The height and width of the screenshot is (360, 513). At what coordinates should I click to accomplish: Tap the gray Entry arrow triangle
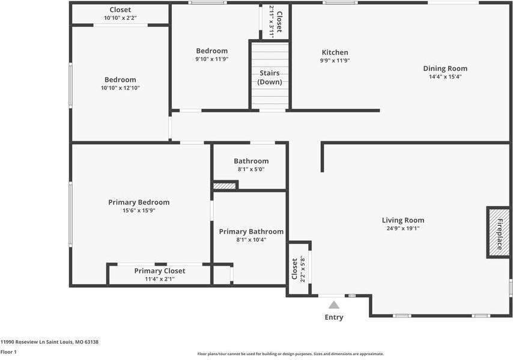click(334, 305)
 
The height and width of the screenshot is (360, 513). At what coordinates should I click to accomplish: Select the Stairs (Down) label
click(270, 78)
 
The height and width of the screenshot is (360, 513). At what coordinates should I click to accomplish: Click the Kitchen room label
click(335, 52)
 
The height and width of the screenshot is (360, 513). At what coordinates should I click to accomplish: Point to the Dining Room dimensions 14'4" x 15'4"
click(445, 76)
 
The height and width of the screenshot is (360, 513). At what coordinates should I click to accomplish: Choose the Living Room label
click(403, 220)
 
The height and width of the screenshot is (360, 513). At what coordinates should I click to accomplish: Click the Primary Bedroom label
click(139, 202)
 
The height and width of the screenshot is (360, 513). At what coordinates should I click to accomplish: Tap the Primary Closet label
click(160, 270)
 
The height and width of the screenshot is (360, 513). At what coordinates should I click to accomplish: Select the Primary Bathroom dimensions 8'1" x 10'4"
click(251, 240)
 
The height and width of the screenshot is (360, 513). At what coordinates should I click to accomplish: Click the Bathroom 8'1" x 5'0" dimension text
click(251, 169)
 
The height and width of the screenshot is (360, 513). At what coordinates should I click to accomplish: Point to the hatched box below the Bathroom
click(225, 186)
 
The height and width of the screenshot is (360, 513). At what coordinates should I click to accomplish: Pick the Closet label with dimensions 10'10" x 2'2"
click(120, 10)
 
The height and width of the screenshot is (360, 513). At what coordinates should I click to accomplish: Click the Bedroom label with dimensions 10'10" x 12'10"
click(120, 79)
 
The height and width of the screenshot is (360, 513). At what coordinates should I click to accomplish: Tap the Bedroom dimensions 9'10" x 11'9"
click(211, 59)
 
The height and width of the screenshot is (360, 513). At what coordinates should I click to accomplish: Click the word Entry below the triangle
click(334, 317)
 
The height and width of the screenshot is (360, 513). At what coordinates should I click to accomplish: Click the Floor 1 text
click(8, 352)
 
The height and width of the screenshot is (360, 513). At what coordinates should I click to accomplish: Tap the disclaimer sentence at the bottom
click(290, 354)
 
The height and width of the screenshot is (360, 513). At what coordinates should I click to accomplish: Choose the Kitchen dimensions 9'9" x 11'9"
click(335, 61)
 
